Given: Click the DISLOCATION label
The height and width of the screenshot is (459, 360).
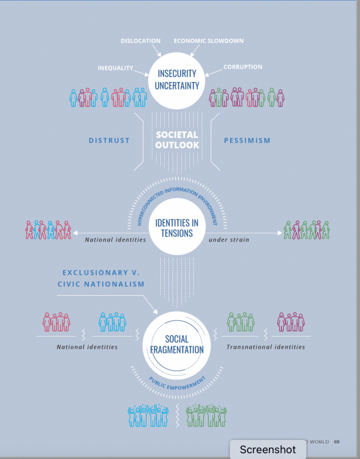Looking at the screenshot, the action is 140,40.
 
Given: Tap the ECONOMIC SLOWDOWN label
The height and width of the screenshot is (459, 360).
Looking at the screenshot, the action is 208,40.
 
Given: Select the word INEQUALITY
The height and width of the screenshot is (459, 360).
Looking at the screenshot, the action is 115,68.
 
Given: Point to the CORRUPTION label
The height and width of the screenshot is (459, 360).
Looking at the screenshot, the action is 243,67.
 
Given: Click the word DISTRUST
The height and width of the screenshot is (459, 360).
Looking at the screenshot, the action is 109,140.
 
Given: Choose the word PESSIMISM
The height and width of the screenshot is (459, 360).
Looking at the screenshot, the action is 247,140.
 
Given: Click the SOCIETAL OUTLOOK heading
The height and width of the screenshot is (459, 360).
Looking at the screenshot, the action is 177,140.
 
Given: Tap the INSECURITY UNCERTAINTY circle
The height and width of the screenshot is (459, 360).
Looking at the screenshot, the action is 177,81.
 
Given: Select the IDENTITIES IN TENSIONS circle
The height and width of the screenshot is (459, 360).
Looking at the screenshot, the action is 177,226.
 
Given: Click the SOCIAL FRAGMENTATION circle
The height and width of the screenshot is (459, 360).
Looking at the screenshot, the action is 177,345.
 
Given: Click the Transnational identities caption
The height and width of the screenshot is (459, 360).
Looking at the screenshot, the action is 265,347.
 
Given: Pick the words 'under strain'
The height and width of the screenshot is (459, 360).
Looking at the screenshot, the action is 228,240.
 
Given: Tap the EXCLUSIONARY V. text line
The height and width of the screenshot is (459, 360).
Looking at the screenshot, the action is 101,273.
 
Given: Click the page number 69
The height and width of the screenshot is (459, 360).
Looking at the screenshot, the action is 336,442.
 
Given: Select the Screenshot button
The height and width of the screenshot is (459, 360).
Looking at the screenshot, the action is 268,449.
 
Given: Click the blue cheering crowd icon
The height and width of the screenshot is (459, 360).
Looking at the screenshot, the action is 148,415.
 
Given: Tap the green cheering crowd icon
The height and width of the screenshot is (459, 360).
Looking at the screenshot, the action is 206,415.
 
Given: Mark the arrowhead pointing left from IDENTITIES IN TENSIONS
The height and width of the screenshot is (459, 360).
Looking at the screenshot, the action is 75,233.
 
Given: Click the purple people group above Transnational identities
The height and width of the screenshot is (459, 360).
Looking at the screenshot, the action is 291,322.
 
